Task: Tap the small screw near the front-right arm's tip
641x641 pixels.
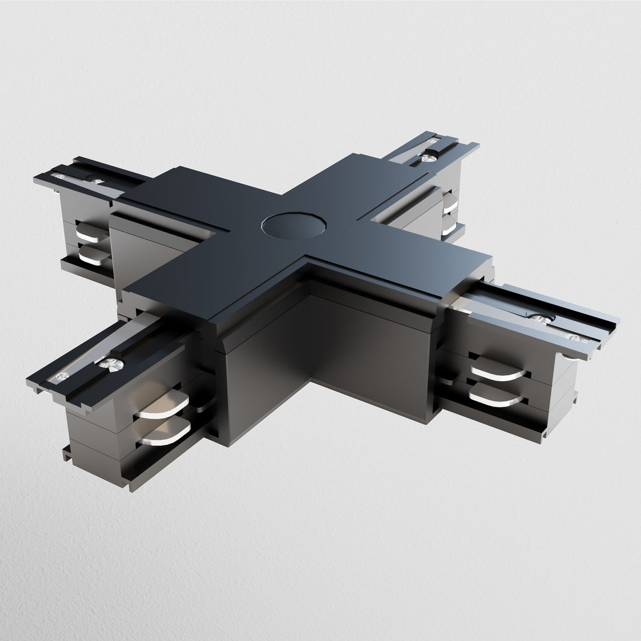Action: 572,335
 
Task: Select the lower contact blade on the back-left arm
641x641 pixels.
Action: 94,255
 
